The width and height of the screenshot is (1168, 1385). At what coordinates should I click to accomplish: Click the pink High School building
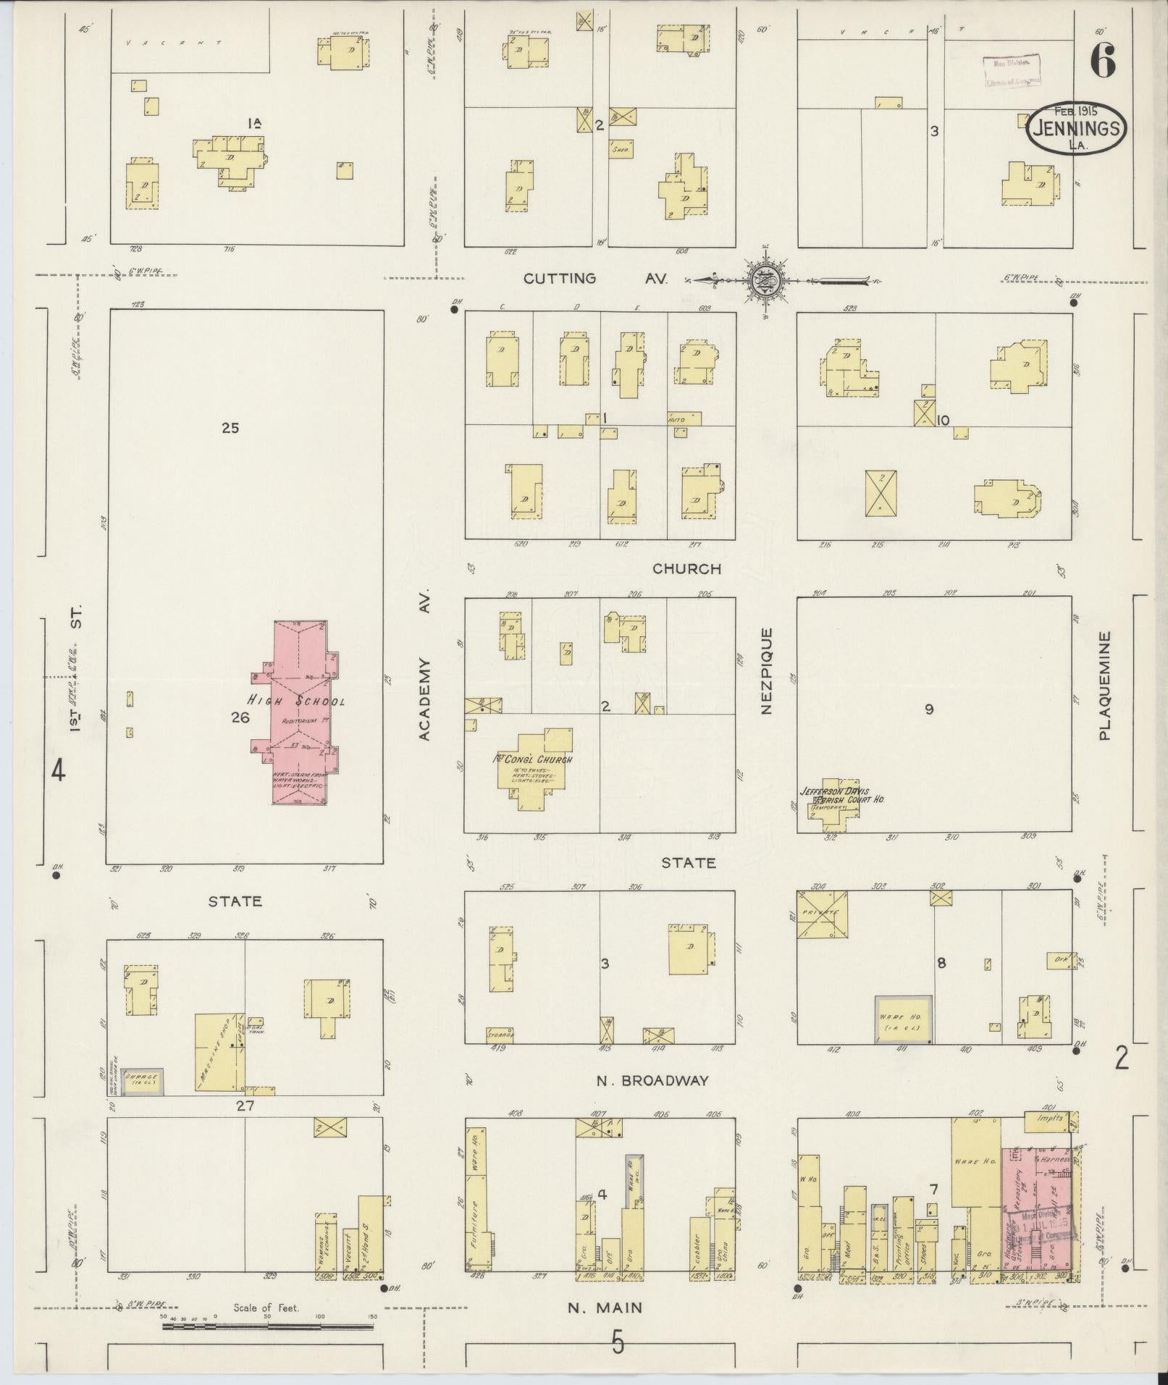(x=299, y=713)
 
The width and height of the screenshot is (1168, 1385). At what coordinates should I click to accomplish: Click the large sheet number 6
(x=1101, y=61)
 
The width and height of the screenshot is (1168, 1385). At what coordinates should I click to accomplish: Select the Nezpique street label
(x=767, y=670)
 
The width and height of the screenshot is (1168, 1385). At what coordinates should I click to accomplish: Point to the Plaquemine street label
(x=1104, y=685)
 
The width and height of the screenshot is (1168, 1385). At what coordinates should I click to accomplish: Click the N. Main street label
(x=605, y=1308)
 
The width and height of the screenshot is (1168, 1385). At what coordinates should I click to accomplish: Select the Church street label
(x=687, y=568)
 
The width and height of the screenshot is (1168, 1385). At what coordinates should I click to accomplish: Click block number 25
(x=230, y=428)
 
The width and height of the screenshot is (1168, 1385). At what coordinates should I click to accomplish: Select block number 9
(x=929, y=710)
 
